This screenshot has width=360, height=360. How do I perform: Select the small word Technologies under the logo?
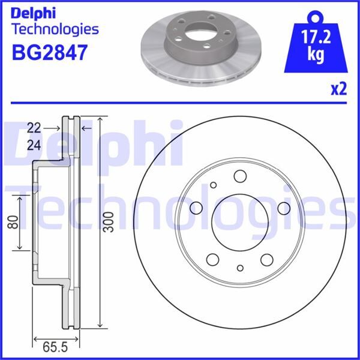click(x=55, y=29)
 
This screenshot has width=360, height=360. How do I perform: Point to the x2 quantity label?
click(x=338, y=89)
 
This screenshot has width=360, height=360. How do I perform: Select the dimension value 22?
click(x=34, y=127)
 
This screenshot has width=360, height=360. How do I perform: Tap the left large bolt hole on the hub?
click(x=196, y=208)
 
